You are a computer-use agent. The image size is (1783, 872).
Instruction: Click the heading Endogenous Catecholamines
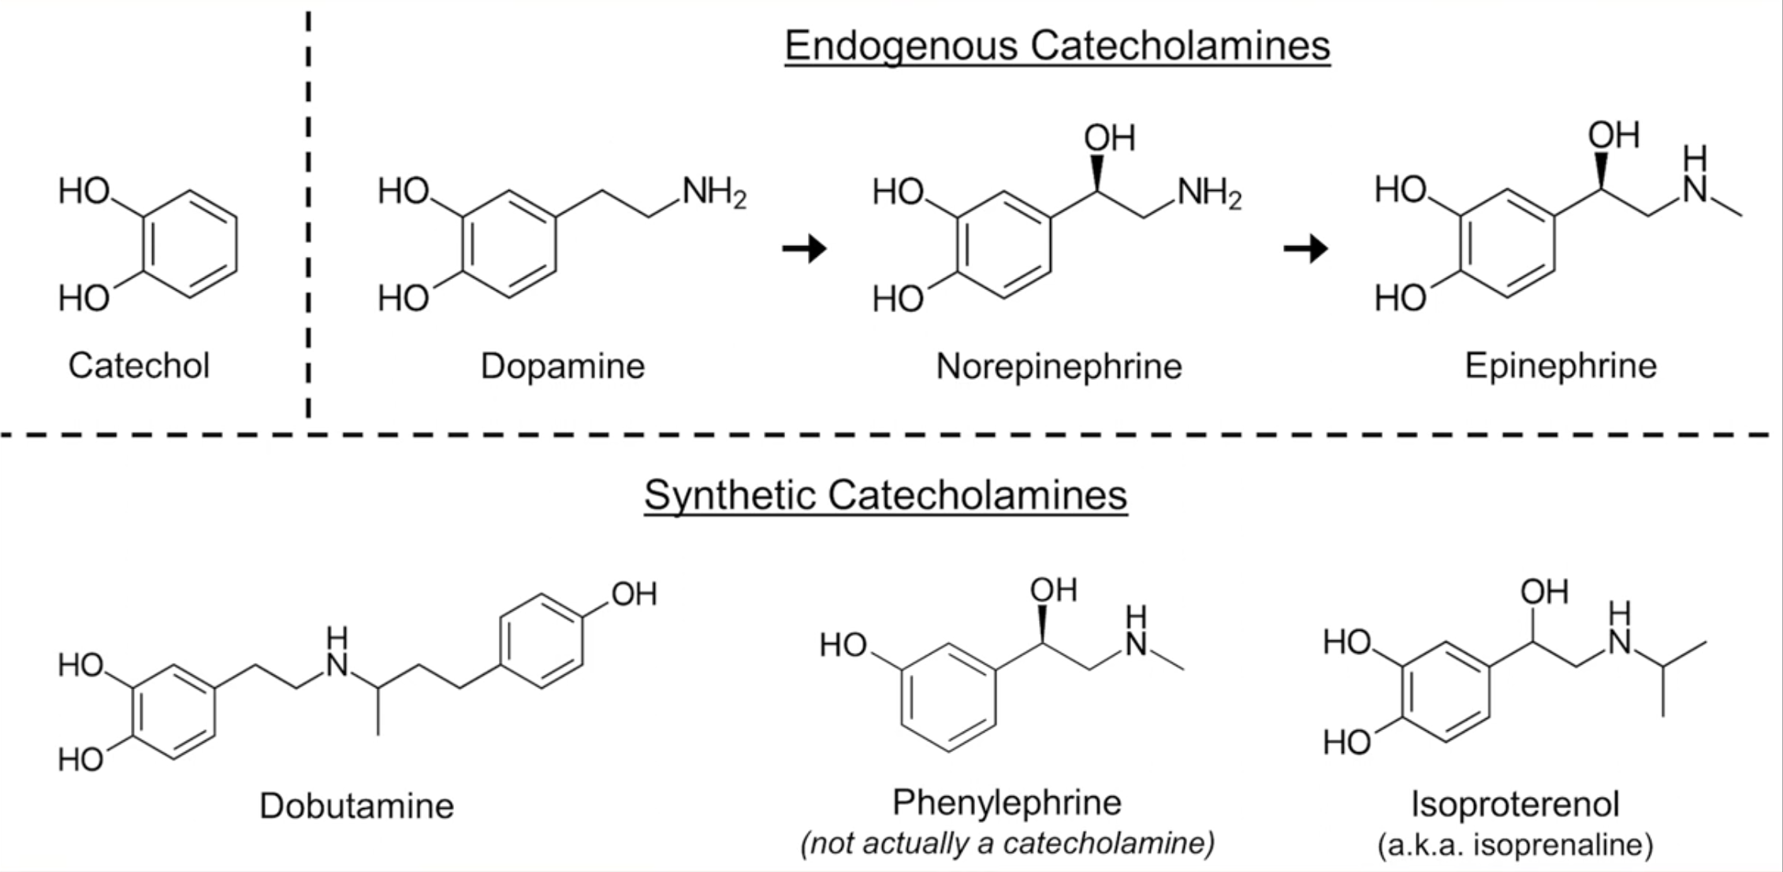1057,46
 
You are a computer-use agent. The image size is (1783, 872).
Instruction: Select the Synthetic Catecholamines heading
885,496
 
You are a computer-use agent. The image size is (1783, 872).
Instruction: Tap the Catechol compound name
139,366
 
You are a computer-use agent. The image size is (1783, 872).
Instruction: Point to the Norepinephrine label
1059,367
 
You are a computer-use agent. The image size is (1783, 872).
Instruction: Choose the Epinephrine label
1560,366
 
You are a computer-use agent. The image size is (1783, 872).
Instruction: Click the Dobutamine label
356,806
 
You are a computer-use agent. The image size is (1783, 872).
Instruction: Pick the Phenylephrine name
1007,803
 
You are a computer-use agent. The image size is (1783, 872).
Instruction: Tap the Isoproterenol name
1514,804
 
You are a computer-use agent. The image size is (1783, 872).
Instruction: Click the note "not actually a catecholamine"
1007,844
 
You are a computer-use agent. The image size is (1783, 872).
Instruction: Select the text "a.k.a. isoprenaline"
1514,845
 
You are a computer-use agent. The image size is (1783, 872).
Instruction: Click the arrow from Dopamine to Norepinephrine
804,249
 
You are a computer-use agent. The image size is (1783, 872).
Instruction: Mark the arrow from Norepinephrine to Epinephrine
1305,249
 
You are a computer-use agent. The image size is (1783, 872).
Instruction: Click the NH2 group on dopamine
713,192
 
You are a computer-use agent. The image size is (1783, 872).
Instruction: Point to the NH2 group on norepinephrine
1208,193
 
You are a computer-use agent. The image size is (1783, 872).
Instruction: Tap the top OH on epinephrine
1614,136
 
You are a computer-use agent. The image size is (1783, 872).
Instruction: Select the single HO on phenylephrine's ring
843,646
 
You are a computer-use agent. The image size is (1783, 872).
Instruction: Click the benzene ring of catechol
190,244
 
